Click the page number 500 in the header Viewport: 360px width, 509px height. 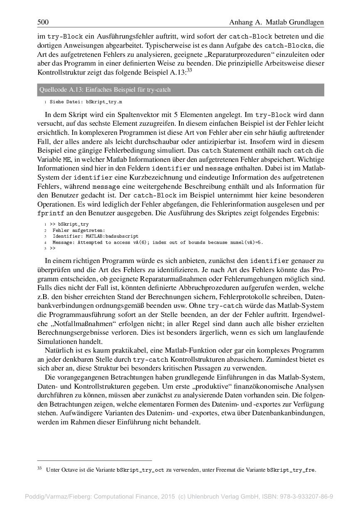43,22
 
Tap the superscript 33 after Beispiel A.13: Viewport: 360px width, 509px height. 189,71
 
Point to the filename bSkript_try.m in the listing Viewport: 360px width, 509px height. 104,102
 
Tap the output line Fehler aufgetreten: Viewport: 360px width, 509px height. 79,230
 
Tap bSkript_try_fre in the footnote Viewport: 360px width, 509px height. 290,470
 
